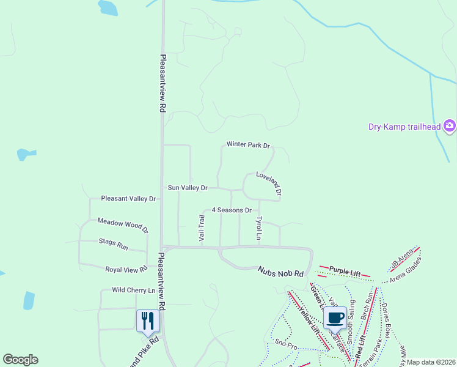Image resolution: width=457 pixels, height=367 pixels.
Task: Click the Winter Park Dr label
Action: (248, 145)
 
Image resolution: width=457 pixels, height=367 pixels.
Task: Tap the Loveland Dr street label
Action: (269, 183)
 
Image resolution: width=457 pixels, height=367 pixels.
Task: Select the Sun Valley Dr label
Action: (188, 188)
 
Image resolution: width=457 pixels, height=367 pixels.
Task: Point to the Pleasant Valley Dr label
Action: (128, 199)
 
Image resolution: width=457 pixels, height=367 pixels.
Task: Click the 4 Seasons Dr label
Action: (232, 210)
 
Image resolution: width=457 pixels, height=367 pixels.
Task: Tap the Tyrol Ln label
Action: (259, 228)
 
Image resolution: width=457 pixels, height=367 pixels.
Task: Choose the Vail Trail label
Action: (202, 228)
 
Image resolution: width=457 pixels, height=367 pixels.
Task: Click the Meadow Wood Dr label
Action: (123, 225)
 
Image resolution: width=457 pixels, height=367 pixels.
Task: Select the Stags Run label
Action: (114, 244)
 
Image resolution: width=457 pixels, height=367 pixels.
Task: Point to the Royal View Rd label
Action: (126, 269)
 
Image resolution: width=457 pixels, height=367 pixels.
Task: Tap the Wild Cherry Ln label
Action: (133, 290)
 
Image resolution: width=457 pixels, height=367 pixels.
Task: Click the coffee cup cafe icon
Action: (335, 317)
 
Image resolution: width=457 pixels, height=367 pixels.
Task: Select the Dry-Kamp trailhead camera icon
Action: (450, 126)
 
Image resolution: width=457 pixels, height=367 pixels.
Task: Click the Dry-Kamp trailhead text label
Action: (404, 127)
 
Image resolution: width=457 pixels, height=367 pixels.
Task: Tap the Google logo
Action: (20, 360)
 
